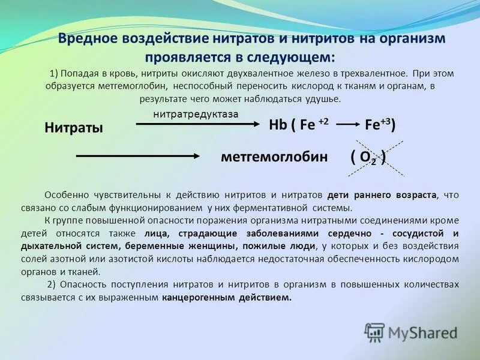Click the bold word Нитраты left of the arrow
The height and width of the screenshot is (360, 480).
tap(74, 127)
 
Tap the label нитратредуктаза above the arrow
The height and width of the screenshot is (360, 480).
tap(196, 113)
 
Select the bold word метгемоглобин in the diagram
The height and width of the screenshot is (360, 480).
tap(274, 157)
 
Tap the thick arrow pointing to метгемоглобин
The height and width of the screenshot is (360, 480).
tap(137, 156)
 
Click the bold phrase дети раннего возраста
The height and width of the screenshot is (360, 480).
tap(382, 196)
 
